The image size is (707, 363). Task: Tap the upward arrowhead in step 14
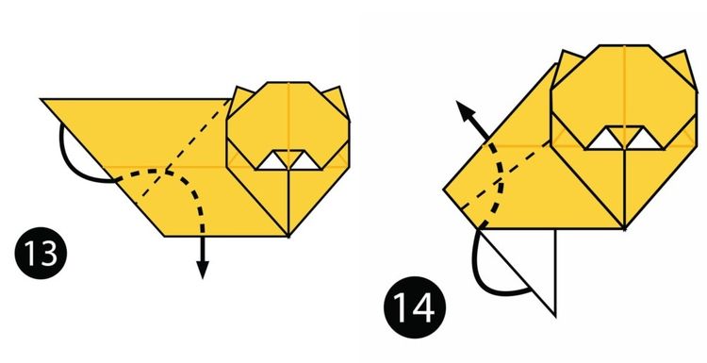click(x=465, y=110)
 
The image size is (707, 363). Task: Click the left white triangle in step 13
click(x=273, y=161)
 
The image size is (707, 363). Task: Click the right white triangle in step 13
click(x=304, y=161)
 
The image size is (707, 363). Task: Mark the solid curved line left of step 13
click(x=66, y=152)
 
